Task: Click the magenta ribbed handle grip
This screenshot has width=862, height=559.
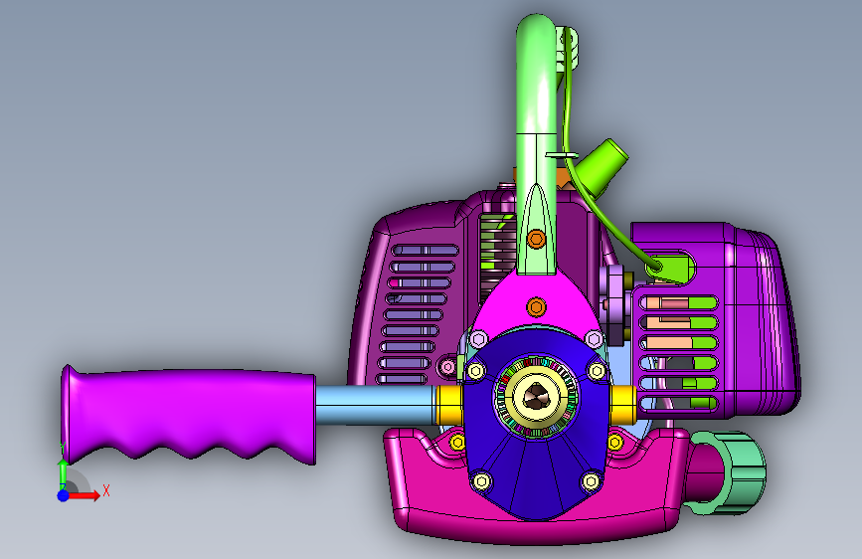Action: click(187, 413)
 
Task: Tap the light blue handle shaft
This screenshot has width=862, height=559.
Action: click(376, 405)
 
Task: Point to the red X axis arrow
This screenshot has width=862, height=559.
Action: click(84, 495)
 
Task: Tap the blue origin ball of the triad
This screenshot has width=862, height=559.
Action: click(64, 495)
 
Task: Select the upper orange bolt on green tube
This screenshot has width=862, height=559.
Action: click(536, 239)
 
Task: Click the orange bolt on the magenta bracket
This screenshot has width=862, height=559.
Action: click(536, 306)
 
